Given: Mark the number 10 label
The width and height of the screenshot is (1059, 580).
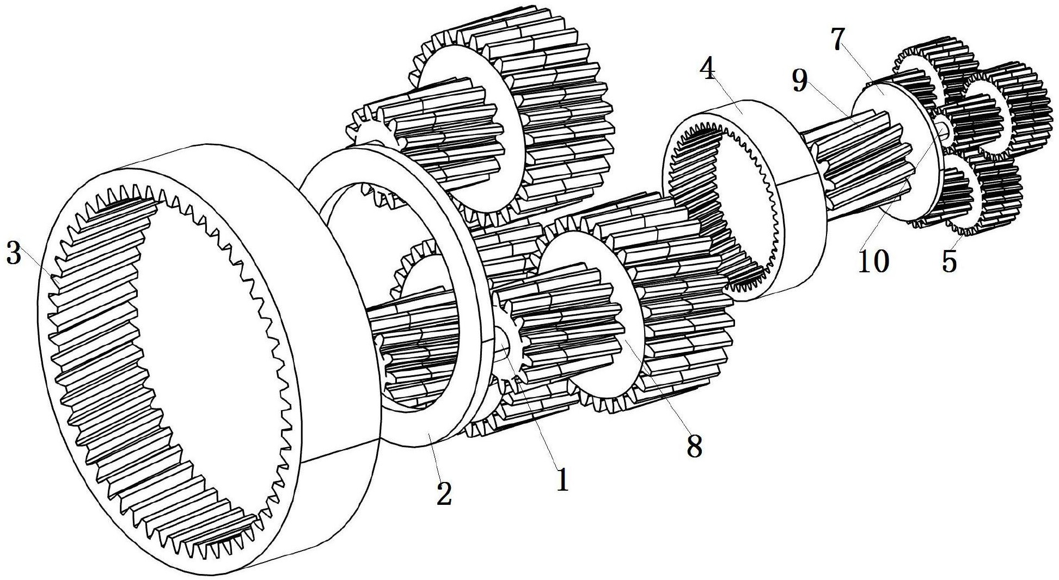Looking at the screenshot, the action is click(x=873, y=260).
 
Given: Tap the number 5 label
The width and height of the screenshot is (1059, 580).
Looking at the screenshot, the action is click(x=948, y=261).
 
